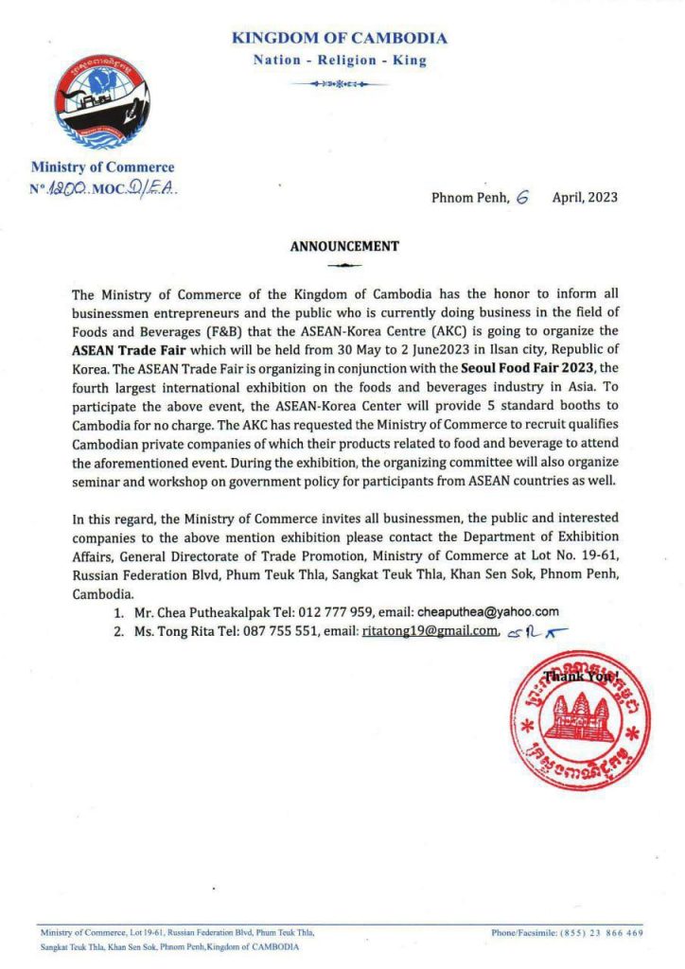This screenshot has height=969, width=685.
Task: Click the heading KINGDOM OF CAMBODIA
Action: pos(340,39)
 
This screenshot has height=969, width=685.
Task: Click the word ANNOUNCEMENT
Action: pos(343,246)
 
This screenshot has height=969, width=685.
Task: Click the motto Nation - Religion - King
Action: pos(340,61)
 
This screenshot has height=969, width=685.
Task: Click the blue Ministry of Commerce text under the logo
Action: pos(102,167)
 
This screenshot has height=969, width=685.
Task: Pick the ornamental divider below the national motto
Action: pos(340,84)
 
